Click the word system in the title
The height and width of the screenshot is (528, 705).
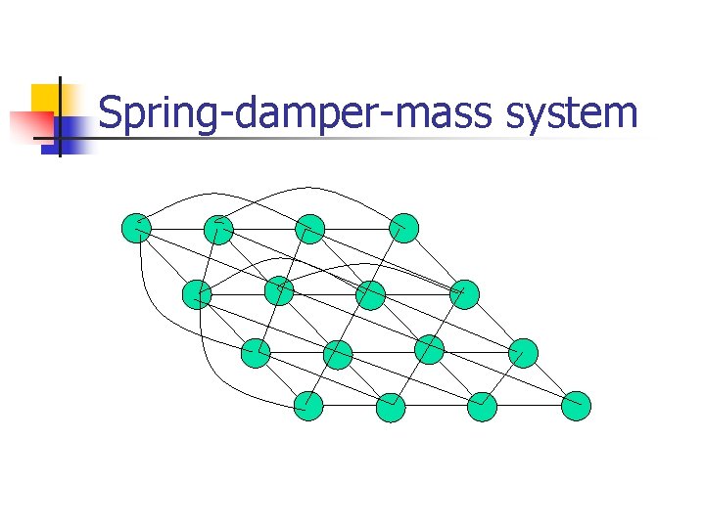coord(573,114)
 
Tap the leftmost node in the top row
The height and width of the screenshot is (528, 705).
coord(136,228)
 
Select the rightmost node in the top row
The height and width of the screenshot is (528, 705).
coord(403,228)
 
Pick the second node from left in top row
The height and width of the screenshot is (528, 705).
coord(218,229)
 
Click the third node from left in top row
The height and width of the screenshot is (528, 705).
coord(309,229)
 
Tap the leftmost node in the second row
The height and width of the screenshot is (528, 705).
coord(197,293)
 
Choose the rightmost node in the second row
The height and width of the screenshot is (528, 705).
coord(464,293)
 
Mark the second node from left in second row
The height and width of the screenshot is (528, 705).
coord(279,290)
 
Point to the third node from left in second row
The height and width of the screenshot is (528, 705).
coord(371,294)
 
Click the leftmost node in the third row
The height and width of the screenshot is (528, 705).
coord(256,352)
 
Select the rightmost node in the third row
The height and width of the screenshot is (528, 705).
coord(524,353)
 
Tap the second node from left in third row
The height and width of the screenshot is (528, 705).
coord(338,354)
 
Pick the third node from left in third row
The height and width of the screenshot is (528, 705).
coord(429,349)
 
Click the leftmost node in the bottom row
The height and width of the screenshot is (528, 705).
coord(308,405)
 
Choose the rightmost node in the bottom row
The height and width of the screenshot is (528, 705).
coord(577,406)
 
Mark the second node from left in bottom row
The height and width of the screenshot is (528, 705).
coord(391,407)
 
